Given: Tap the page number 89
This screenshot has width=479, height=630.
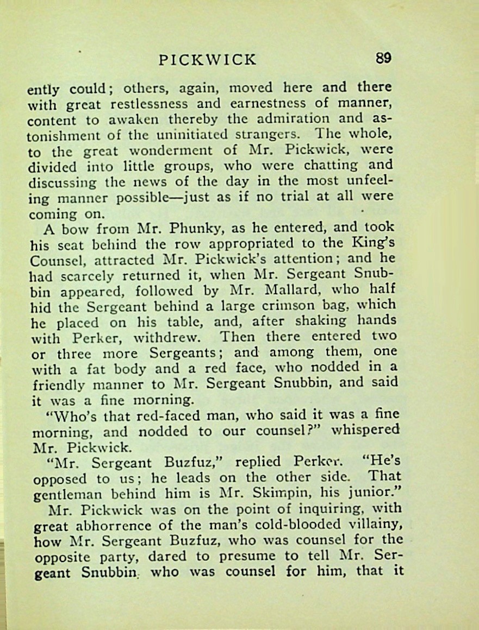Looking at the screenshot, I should point(383,58).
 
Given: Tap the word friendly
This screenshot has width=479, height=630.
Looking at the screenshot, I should point(62,385).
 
